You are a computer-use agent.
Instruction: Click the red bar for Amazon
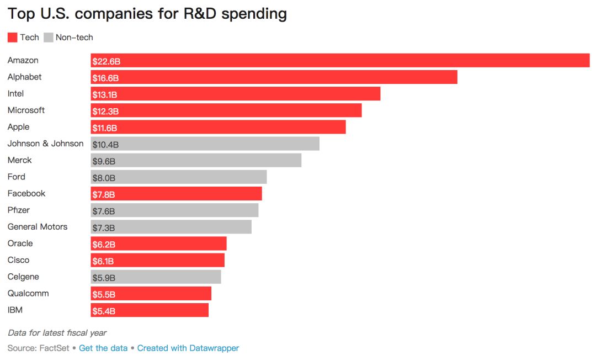pyautogui.click(x=340, y=60)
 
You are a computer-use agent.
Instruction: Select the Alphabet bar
pyautogui.click(x=274, y=77)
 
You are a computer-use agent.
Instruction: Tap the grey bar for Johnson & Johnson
pyautogui.click(x=205, y=144)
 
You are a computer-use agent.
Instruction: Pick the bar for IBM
pyautogui.click(x=150, y=310)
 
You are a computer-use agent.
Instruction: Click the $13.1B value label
pyautogui.click(x=105, y=94)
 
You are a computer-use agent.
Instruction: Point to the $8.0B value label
pyautogui.click(x=104, y=178)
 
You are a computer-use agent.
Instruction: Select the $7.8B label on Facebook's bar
pyautogui.click(x=104, y=194)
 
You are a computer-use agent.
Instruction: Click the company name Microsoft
pyautogui.click(x=26, y=110)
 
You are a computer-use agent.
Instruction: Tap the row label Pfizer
pyautogui.click(x=19, y=210)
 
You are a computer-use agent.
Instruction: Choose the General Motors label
pyautogui.click(x=38, y=227)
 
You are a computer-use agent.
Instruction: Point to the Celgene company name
pyautogui.click(x=23, y=277)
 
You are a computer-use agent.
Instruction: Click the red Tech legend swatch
pyautogui.click(x=13, y=38)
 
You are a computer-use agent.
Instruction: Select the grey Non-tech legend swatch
pyautogui.click(x=49, y=38)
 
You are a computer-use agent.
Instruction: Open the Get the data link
pyautogui.click(x=103, y=348)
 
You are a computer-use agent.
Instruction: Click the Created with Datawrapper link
pyautogui.click(x=188, y=348)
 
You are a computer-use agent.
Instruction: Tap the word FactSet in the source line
pyautogui.click(x=54, y=348)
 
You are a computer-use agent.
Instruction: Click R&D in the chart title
pyautogui.click(x=200, y=14)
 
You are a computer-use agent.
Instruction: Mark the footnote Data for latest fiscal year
pyautogui.click(x=57, y=333)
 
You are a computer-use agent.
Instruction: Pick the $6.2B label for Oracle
pyautogui.click(x=104, y=244)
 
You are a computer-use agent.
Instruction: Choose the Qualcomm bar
pyautogui.click(x=151, y=294)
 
